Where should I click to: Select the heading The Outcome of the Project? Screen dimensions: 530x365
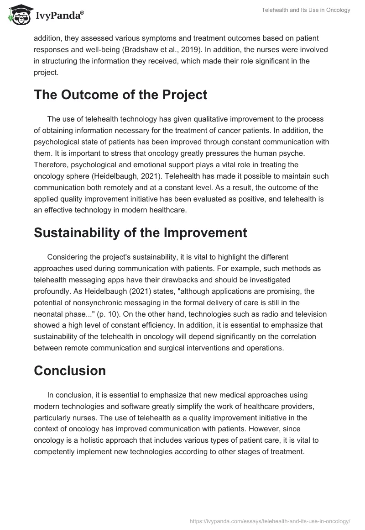pos(120,95)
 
